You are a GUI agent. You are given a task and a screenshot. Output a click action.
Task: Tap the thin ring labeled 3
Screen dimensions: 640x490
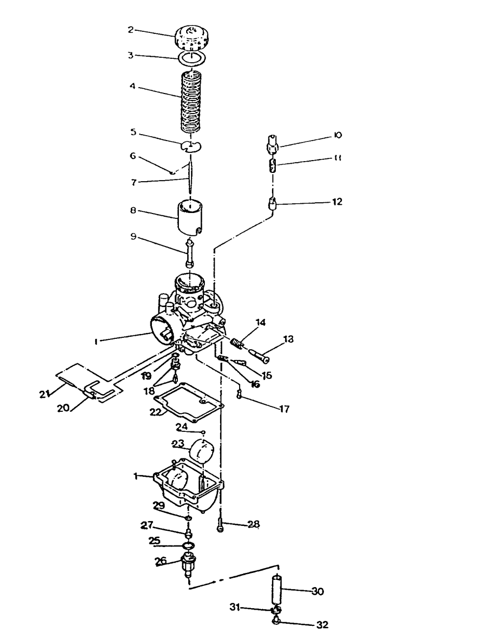pyautogui.click(x=191, y=59)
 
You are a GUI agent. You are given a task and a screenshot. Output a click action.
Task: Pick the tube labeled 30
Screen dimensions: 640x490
pyautogui.click(x=278, y=590)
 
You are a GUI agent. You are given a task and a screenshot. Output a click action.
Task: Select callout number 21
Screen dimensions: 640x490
pyautogui.click(x=45, y=394)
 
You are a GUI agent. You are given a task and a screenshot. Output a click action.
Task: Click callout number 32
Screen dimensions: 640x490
pyautogui.click(x=322, y=625)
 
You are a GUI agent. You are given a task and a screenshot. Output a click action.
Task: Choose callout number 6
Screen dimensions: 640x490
pyautogui.click(x=133, y=156)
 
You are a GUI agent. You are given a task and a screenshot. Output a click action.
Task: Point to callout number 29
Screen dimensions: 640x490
pyautogui.click(x=158, y=505)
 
